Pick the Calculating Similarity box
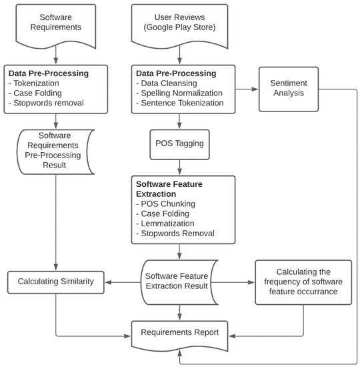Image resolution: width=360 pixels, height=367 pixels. [56, 282]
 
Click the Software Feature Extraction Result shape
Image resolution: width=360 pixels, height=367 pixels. [178, 281]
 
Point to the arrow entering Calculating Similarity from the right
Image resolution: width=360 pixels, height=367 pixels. [123, 282]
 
